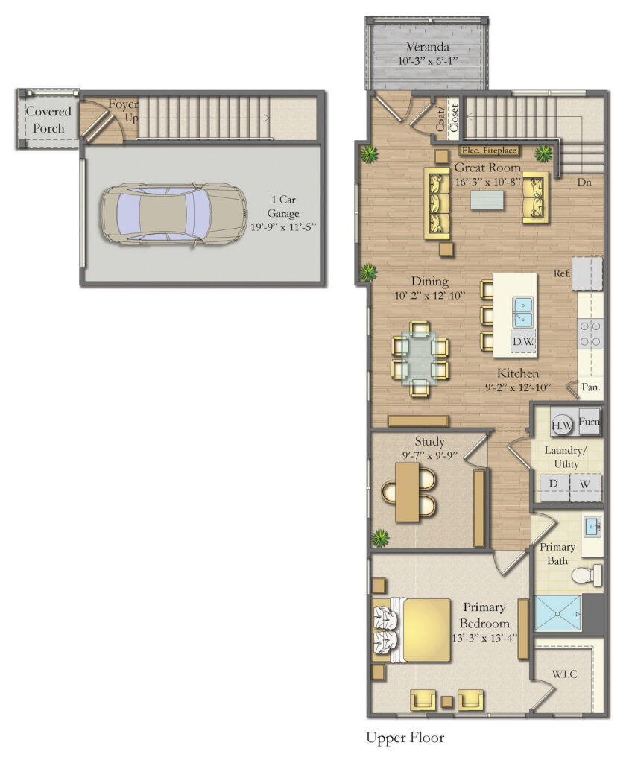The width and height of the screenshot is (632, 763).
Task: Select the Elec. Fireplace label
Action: [489, 151]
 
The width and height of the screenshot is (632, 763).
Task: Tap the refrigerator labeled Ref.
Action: [587, 273]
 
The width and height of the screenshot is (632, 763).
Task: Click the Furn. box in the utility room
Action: [589, 422]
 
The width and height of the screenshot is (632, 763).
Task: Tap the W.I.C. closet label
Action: [566, 674]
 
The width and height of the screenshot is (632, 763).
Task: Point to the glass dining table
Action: [420, 357]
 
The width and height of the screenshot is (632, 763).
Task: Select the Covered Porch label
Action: [48, 119]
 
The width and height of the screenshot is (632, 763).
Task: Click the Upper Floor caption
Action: [405, 738]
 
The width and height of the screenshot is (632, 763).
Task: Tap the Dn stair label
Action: [584, 181]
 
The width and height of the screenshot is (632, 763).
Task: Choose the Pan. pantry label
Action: [591, 387]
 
